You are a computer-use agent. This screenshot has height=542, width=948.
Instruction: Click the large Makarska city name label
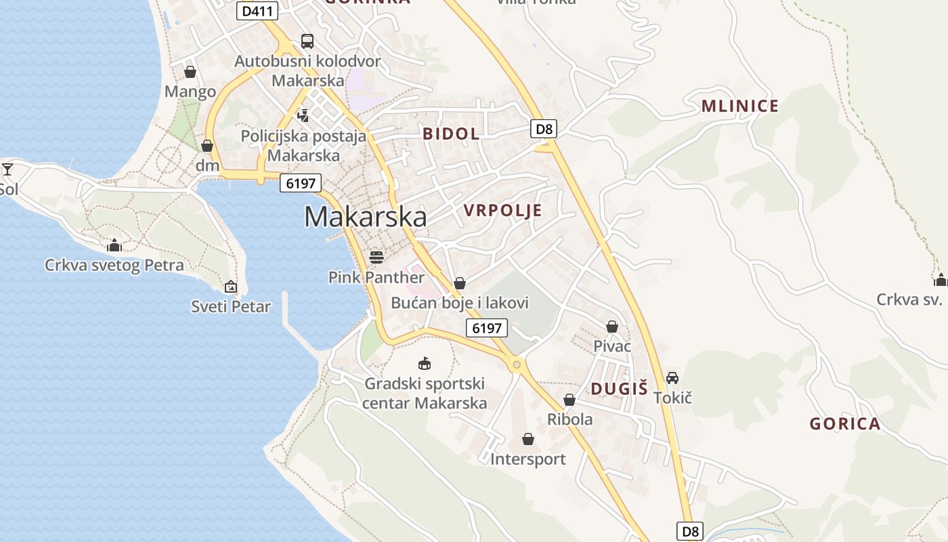tap(366, 217)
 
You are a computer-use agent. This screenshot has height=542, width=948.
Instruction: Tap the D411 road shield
tap(258, 11)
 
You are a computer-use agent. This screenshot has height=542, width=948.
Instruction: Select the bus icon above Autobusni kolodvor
tap(307, 41)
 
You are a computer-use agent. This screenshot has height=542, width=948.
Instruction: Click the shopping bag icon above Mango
tap(190, 72)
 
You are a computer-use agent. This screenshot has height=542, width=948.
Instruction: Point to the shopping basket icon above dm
tap(207, 146)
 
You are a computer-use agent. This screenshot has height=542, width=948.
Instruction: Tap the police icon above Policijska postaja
tap(303, 115)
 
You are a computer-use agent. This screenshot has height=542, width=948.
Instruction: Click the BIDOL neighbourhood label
tap(451, 133)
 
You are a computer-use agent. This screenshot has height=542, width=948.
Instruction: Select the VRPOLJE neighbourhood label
tap(503, 210)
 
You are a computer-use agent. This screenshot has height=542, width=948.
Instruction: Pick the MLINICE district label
tap(740, 106)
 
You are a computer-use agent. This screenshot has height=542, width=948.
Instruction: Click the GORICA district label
tap(845, 424)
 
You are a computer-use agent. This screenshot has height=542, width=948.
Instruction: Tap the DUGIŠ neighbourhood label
tap(619, 388)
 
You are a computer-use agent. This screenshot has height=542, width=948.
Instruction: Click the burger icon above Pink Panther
tap(376, 257)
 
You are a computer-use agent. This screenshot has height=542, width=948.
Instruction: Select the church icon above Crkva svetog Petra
tap(114, 245)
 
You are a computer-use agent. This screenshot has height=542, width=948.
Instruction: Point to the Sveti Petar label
tap(231, 307)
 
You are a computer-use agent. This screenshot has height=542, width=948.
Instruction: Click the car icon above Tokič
tap(672, 378)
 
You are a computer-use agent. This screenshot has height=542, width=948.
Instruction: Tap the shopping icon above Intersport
tap(528, 440)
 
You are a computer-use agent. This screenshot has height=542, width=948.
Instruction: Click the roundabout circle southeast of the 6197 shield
tap(517, 365)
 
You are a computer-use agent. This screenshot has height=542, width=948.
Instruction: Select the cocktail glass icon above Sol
tap(7, 169)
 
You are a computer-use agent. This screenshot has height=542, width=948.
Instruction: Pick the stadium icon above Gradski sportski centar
tap(425, 364)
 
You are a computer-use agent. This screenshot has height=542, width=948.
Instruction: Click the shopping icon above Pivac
tap(612, 327)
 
